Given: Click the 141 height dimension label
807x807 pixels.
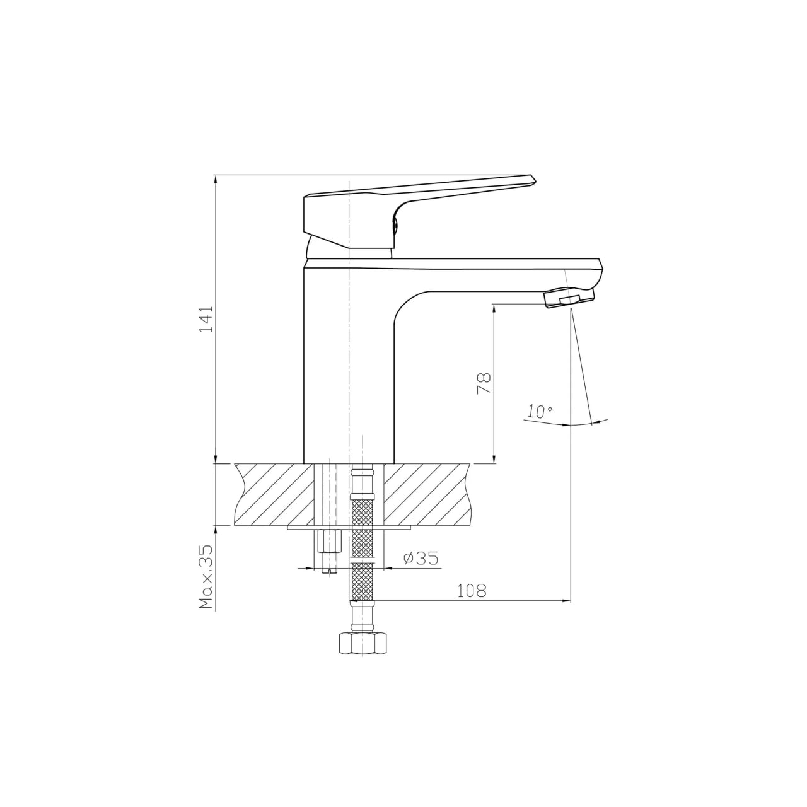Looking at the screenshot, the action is click(x=206, y=319).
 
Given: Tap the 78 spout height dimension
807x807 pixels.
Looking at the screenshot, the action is click(x=484, y=383).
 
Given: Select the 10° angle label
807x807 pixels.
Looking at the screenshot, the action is click(x=540, y=411).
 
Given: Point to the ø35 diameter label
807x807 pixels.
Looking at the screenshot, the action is click(x=421, y=558).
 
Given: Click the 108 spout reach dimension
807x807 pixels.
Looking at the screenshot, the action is click(x=472, y=591).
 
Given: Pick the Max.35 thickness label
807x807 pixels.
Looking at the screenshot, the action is click(x=206, y=578).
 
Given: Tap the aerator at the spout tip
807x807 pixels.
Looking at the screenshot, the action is click(x=569, y=299).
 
